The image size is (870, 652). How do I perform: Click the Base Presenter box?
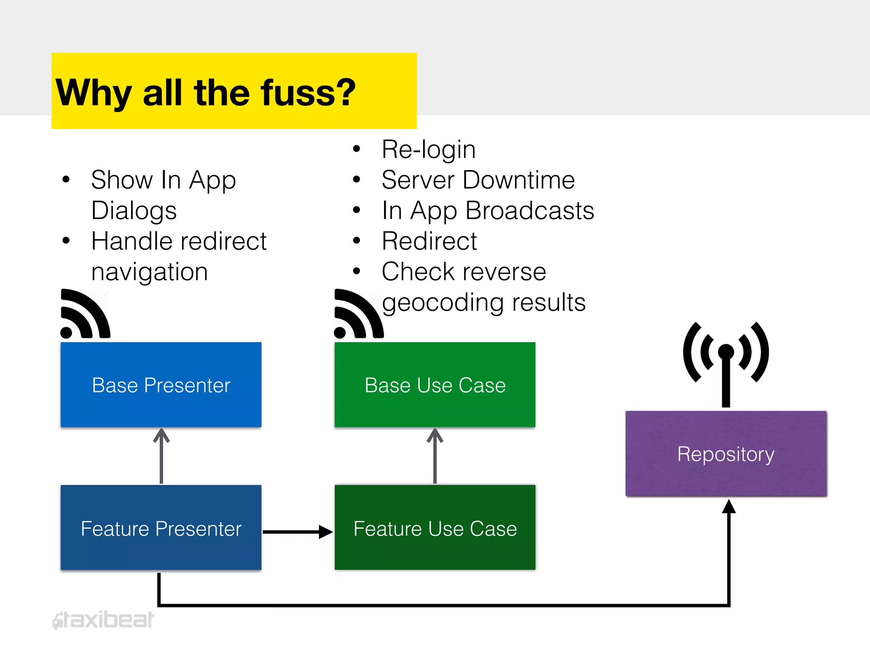pos(161,385)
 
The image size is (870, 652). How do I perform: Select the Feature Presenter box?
pos(161,528)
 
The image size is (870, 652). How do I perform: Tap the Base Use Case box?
pos(435,385)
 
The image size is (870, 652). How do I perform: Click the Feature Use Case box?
pos(435,528)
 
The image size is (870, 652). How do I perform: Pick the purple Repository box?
pos(726,453)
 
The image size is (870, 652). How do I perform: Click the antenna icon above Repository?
pos(726,361)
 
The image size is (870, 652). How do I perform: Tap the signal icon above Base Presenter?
pos(85,314)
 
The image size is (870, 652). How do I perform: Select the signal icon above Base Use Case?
pos(358,314)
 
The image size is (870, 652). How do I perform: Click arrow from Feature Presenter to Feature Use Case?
pos(297,531)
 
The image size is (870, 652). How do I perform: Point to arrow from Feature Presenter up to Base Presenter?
pos(161,456)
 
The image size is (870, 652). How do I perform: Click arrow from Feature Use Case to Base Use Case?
pos(435,456)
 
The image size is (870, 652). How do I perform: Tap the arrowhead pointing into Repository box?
pos(729,506)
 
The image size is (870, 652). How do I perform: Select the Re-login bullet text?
pos(428,149)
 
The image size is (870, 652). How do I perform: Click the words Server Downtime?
pos(478,180)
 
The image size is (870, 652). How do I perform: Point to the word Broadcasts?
pos(530,211)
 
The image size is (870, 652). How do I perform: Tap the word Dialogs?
pos(134,211)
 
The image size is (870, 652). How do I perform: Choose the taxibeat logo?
pos(103,620)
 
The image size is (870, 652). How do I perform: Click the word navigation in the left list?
pos(150,272)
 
